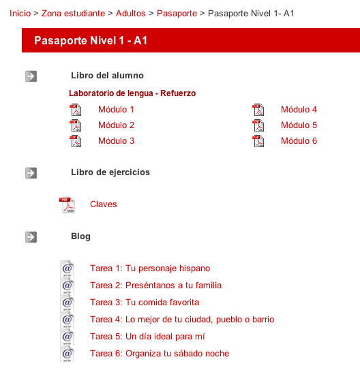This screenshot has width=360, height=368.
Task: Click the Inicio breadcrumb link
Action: coord(20,13)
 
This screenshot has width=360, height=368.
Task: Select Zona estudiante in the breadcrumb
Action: coord(73,13)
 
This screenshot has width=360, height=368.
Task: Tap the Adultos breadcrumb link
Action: coord(130,13)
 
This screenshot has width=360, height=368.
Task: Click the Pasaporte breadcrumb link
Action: coord(177,13)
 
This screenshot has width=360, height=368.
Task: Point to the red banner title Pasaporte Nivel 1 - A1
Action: coord(91,41)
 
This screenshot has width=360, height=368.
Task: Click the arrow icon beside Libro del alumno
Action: coord(31,76)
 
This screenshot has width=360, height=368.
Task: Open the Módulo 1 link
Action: coord(116,110)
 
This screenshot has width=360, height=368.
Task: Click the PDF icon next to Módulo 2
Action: coord(76,125)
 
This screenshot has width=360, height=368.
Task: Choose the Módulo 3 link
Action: coord(116,141)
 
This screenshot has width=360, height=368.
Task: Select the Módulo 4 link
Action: coord(299,110)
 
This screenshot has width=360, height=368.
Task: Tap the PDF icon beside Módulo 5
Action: coord(258,125)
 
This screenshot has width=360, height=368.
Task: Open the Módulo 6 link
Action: coord(299,141)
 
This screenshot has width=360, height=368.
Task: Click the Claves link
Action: coord(104,204)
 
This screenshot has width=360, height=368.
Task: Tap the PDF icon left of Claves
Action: coord(67,205)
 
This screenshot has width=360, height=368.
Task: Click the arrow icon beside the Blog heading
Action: coord(31,237)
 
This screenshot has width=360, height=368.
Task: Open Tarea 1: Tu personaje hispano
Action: coord(150,269)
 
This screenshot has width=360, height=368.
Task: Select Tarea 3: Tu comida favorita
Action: coord(145,303)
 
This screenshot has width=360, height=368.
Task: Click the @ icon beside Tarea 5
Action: coord(67,337)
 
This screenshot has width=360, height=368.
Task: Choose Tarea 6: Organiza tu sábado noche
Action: coord(160,354)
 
